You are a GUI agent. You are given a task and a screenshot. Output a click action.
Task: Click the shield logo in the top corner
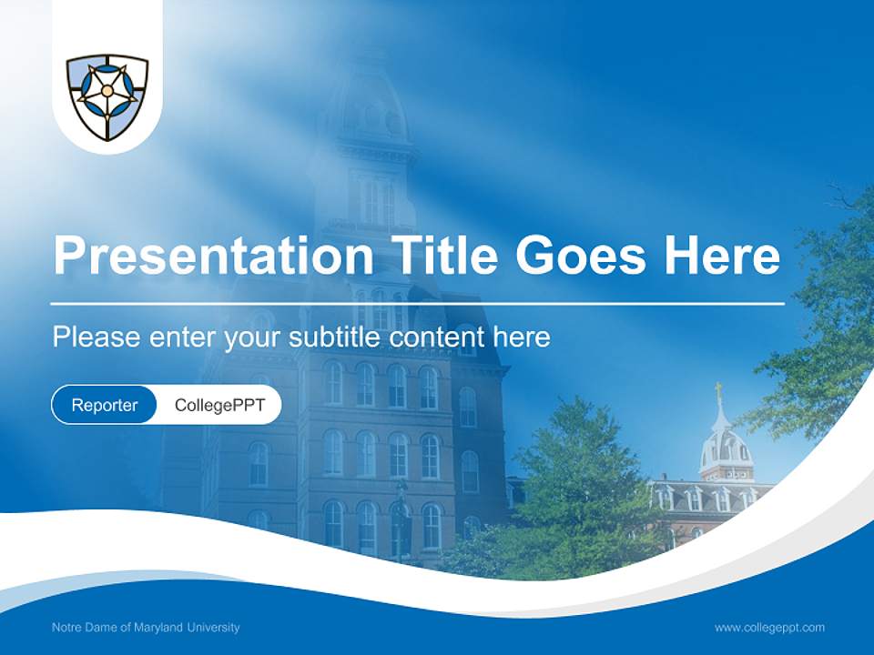pyautogui.click(x=107, y=96)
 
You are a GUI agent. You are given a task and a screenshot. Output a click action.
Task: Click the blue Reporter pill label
pyautogui.click(x=105, y=405)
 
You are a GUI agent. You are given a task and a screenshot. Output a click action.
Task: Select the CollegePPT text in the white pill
pyautogui.click(x=219, y=405)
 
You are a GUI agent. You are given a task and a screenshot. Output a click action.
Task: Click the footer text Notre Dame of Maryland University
pyautogui.click(x=146, y=628)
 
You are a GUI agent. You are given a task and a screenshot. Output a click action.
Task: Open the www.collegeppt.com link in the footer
pyautogui.click(x=769, y=628)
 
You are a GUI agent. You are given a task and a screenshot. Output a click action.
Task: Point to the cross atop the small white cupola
pyautogui.click(x=717, y=391)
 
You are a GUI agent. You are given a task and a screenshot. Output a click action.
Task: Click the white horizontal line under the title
pyautogui.click(x=417, y=303)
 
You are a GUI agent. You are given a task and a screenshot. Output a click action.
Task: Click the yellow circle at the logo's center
pyautogui.click(x=107, y=91)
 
